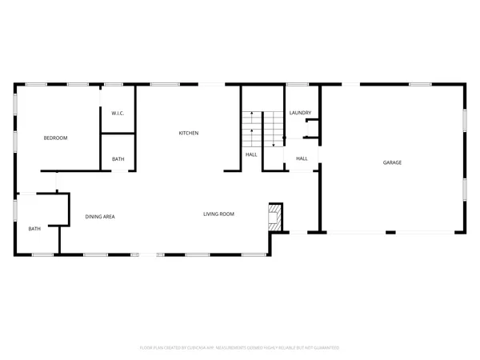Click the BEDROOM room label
tap(55, 138)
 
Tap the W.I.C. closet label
tap(117, 113)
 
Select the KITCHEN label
tap(188, 133)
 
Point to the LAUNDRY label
tap(300, 113)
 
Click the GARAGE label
tap(392, 162)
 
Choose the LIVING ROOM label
tap(218, 214)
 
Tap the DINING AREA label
tap(100, 217)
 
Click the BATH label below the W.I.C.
tap(118, 159)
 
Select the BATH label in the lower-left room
tap(34, 229)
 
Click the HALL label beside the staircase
tap(251, 154)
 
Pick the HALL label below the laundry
tap(302, 158)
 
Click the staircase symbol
tap(264, 128)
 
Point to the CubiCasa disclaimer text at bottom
tap(240, 347)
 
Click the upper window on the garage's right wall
tap(465, 120)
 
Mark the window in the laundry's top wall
tap(298, 84)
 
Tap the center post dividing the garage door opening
tap(390, 233)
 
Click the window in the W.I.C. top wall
tap(114, 84)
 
